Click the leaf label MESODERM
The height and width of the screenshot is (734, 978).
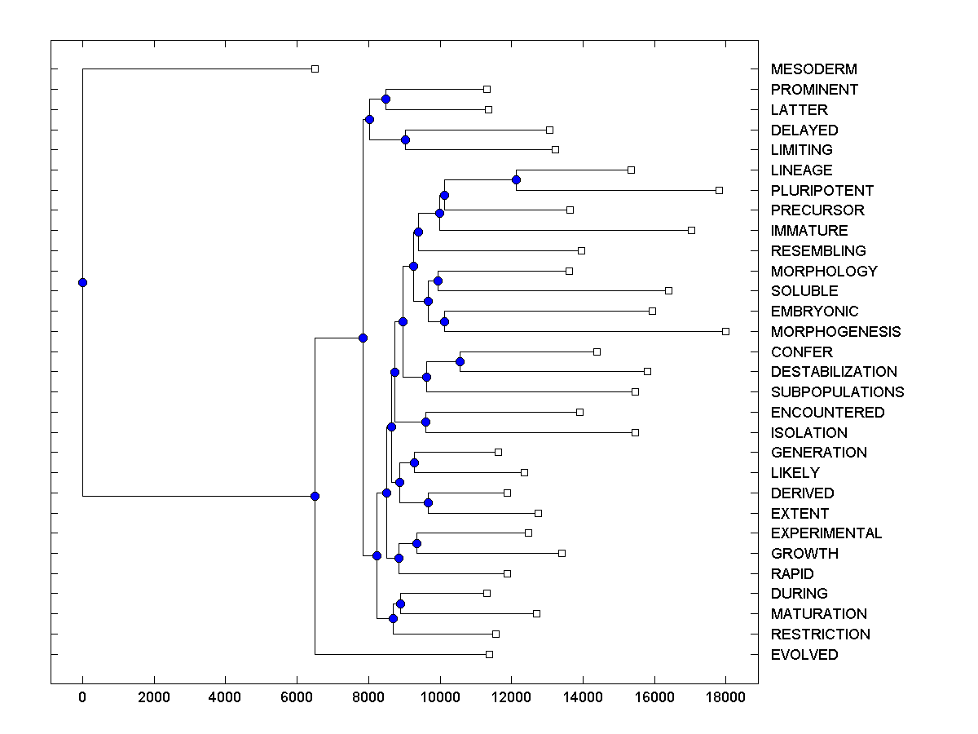coord(813,69)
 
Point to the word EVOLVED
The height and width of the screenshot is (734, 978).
coord(804,654)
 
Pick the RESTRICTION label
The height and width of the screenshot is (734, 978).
coord(820,634)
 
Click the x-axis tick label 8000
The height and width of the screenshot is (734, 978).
coord(368,697)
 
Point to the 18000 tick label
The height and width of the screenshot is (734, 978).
coord(725,697)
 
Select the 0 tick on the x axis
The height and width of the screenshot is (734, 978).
coord(82,697)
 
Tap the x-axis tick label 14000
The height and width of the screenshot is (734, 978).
coord(583,697)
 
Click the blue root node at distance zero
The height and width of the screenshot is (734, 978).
coord(82,282)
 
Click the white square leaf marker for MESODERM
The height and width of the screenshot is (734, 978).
coord(315,69)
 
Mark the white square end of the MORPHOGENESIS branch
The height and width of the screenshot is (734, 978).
coord(725,331)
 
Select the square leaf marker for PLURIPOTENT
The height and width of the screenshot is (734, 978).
coord(719,190)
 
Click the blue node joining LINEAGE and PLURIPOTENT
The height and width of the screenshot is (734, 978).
coord(516,179)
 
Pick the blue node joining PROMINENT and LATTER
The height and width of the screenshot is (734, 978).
coord(385,99)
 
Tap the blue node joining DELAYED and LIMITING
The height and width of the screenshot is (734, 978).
coord(405,139)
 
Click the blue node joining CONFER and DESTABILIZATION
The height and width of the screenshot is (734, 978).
coord(460,361)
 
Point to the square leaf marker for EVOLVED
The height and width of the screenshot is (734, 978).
coord(489,654)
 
